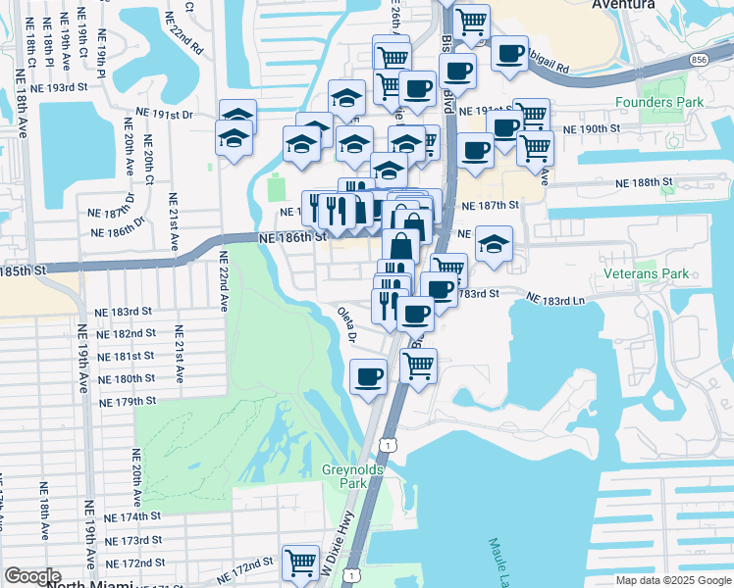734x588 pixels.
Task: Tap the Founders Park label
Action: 659,102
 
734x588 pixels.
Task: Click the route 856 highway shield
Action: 698,60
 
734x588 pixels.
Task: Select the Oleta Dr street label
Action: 347,326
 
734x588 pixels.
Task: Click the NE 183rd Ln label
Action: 556,298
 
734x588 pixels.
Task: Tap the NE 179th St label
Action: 128,401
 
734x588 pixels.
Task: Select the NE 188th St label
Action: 644,183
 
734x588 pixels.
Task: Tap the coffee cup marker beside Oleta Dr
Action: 369,376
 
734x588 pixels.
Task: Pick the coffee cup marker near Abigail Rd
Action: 508,54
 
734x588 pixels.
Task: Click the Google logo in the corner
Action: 32,576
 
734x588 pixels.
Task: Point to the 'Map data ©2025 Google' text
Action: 672,579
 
